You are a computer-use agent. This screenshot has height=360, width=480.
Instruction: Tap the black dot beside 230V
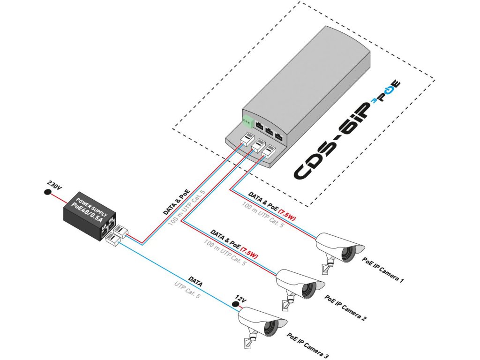[47, 193]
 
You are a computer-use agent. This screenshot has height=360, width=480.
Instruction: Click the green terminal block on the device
[247, 121]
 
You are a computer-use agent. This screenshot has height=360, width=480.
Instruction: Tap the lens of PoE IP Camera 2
[310, 290]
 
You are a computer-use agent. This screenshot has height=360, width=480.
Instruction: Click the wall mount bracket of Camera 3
[249, 341]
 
